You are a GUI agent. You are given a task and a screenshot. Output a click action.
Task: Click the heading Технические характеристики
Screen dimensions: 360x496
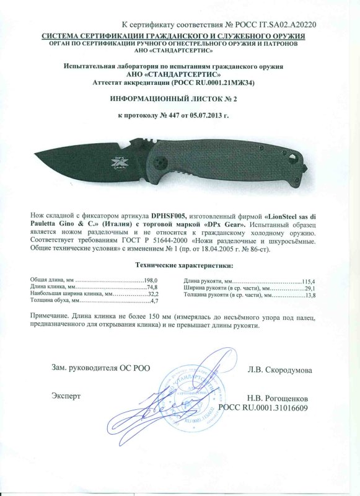point(185,265)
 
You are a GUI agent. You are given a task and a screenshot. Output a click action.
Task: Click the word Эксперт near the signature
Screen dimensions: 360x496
point(66,394)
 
